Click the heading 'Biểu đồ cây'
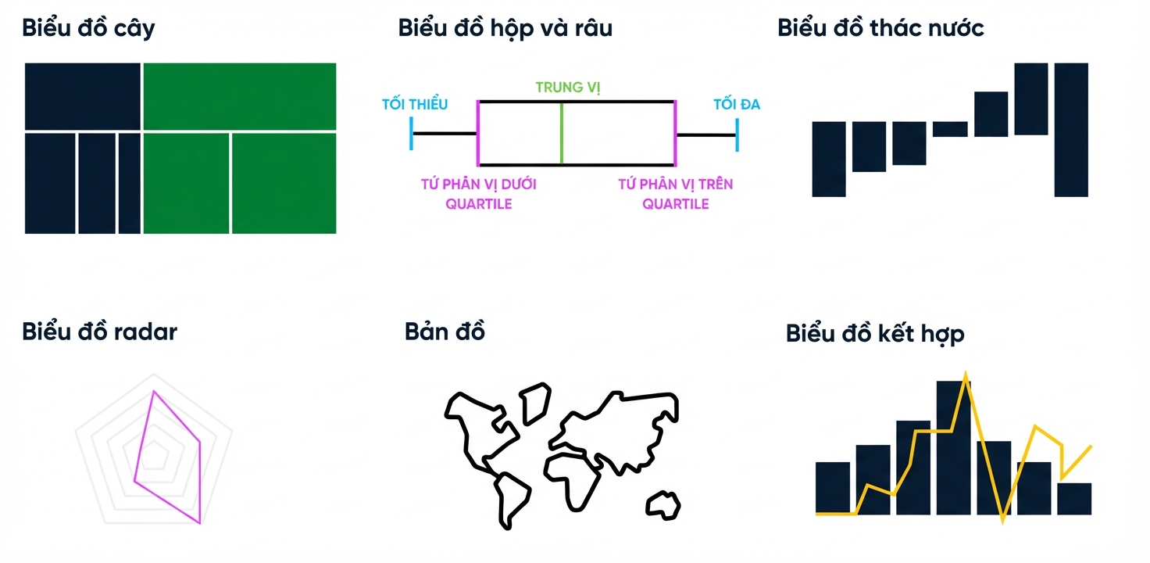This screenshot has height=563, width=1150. point(88,28)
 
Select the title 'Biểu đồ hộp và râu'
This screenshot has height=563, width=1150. point(505,28)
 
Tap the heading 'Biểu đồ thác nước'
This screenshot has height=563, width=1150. point(880,27)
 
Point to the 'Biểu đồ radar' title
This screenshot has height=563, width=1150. point(99,332)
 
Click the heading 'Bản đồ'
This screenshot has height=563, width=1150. point(445,332)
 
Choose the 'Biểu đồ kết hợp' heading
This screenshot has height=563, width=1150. point(875,334)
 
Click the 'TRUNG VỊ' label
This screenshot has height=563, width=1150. point(568,88)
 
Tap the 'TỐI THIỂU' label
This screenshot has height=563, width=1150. point(415,104)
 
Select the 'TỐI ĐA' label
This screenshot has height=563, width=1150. point(737,104)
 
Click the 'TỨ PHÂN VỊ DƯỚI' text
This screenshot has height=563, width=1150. point(478,184)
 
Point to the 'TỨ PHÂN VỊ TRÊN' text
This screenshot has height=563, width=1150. point(676,184)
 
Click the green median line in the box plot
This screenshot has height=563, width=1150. point(562,134)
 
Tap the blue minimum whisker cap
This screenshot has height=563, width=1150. point(411,134)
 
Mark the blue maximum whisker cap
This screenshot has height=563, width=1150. point(737,135)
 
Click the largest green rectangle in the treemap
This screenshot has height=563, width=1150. point(240,97)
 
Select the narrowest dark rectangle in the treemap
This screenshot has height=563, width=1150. point(130,184)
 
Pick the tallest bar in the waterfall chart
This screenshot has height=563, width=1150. point(1071,130)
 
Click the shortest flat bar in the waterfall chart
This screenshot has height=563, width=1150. point(950,129)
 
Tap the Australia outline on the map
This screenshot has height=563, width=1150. point(663,505)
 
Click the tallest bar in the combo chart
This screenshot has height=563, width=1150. point(953,448)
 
